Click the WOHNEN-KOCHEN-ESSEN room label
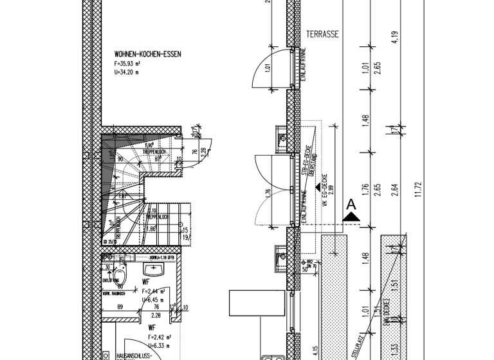147,55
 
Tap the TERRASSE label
322,35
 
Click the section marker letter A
351,204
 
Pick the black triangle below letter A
351,217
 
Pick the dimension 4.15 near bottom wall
315,350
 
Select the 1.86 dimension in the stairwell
152,228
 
